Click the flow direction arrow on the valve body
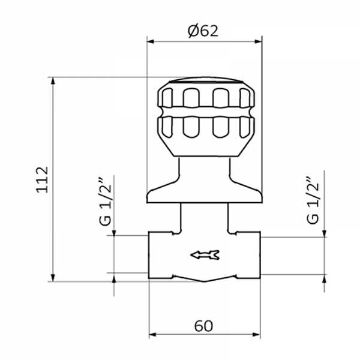[x=204, y=256]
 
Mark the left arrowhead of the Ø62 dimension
[x=151, y=41]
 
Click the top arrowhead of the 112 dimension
[x=54, y=81]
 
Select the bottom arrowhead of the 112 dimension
[x=54, y=277]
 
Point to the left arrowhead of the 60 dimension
[x=153, y=335]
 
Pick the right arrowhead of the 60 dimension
[x=257, y=335]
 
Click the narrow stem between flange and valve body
[x=205, y=217]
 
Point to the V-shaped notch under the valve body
[x=204, y=280]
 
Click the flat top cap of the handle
[x=205, y=82]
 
